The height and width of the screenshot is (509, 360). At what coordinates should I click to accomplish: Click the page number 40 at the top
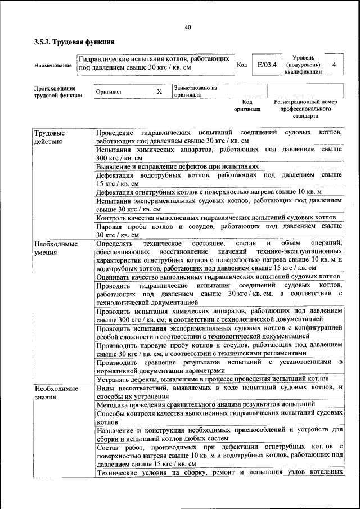187,27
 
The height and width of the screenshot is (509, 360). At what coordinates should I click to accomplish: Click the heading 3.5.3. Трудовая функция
74,42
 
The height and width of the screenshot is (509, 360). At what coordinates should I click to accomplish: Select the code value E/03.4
267,65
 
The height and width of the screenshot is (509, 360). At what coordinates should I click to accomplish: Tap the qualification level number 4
334,65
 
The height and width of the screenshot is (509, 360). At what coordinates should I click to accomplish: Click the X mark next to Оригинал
159,92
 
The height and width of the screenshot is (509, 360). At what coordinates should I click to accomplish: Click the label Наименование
53,66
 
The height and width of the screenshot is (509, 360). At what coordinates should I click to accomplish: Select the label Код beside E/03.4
242,65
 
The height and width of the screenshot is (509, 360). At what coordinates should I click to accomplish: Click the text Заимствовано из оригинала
195,92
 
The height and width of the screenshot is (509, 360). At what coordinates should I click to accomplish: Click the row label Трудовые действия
49,137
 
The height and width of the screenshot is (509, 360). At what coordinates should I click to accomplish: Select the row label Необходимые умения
56,249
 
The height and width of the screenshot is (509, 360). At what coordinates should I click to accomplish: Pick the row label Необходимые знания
56,393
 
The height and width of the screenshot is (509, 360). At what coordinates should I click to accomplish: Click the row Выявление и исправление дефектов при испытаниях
177,166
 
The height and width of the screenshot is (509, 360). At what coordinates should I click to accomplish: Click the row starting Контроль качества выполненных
216,218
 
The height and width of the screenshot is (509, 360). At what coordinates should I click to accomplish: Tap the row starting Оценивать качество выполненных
218,277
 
